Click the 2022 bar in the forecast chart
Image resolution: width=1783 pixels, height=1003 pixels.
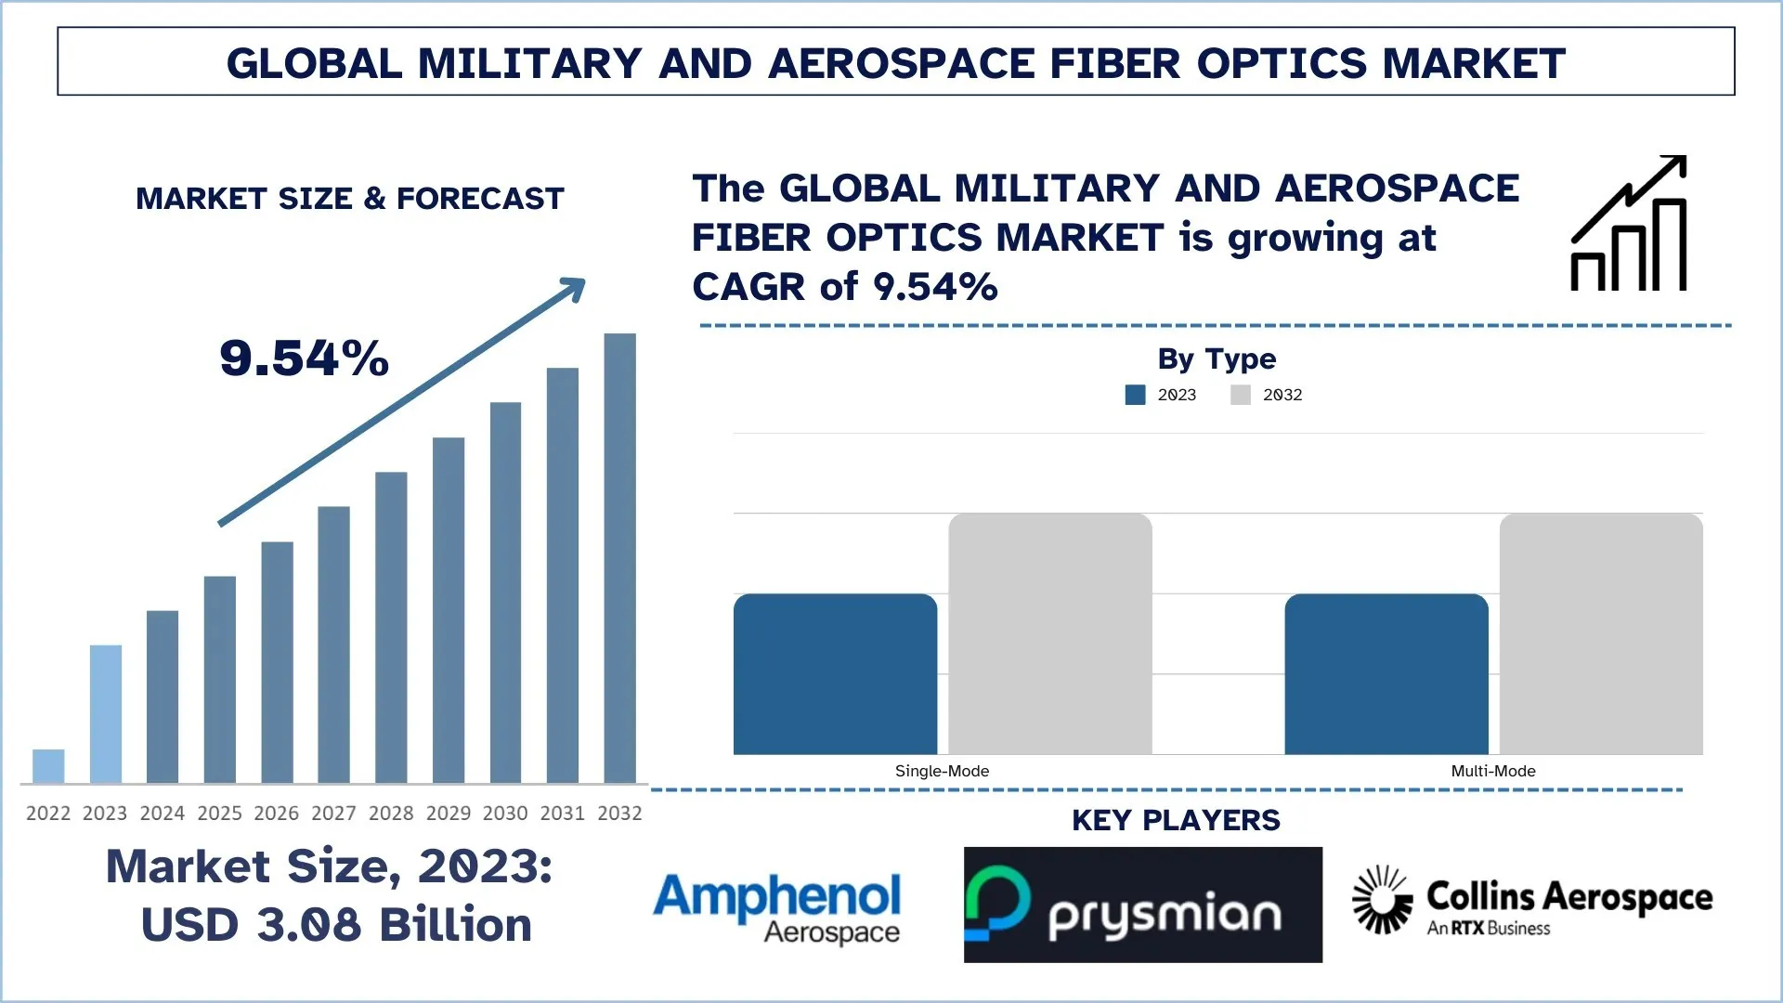48,766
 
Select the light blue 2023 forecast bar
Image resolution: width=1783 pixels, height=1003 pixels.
106,713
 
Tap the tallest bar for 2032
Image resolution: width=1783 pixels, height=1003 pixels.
619,557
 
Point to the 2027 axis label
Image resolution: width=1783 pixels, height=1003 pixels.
333,814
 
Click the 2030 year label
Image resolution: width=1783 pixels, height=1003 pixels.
505,814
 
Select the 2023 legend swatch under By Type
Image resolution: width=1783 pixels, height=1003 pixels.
1135,395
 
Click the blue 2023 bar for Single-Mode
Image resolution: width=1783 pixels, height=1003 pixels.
835,674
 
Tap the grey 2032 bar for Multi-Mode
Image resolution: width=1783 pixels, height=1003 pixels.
1601,633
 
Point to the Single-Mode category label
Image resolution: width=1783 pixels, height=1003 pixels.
942,771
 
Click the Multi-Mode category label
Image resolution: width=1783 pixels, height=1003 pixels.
1493,771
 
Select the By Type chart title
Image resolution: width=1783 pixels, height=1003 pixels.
1217,358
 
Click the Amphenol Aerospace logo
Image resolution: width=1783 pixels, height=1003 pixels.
777,906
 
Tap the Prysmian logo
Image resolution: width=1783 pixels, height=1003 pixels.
1142,905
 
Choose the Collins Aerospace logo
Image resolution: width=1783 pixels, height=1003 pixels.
1532,901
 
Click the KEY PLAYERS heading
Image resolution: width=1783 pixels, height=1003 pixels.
1176,820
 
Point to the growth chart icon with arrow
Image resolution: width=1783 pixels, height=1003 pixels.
1629,224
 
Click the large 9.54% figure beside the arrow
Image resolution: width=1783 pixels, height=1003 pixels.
304,358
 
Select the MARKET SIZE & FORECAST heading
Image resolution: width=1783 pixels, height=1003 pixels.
350,199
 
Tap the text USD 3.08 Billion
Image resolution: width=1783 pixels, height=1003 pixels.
336,925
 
